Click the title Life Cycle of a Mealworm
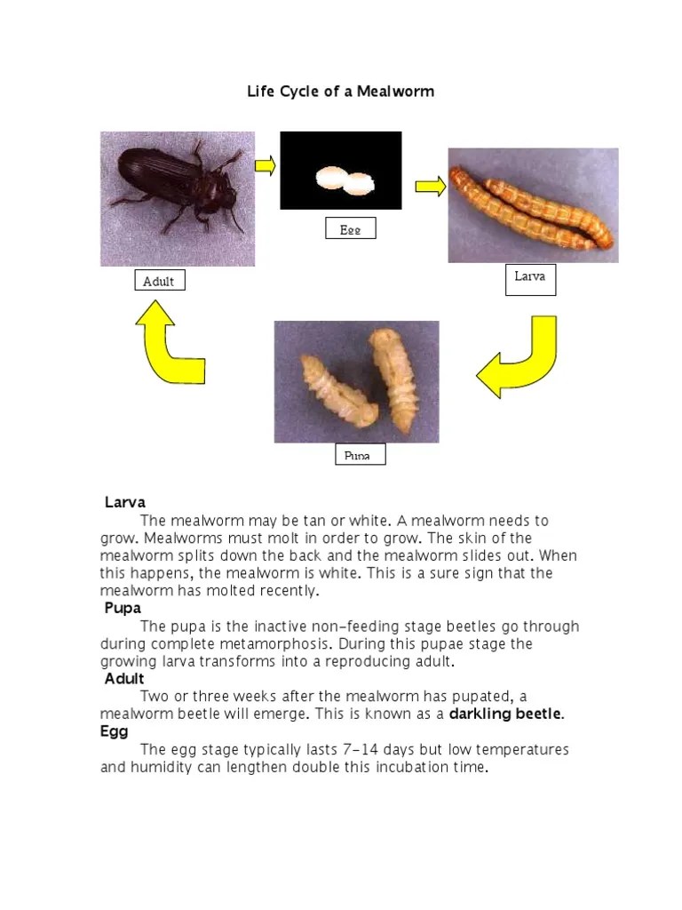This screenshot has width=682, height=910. click(340, 92)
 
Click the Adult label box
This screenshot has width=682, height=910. click(159, 282)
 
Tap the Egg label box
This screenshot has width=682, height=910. click(350, 229)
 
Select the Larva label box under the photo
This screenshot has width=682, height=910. click(530, 277)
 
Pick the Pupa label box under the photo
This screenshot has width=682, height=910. click(360, 456)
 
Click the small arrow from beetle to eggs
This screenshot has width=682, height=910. click(265, 164)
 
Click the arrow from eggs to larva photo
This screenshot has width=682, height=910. click(430, 186)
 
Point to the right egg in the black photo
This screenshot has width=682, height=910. click(360, 184)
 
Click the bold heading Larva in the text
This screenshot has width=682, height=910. click(125, 503)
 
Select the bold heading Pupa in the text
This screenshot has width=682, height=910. click(123, 609)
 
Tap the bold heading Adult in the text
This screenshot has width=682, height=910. click(124, 679)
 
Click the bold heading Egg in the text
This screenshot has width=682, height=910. click(114, 731)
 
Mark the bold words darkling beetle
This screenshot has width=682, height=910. click(505, 714)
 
